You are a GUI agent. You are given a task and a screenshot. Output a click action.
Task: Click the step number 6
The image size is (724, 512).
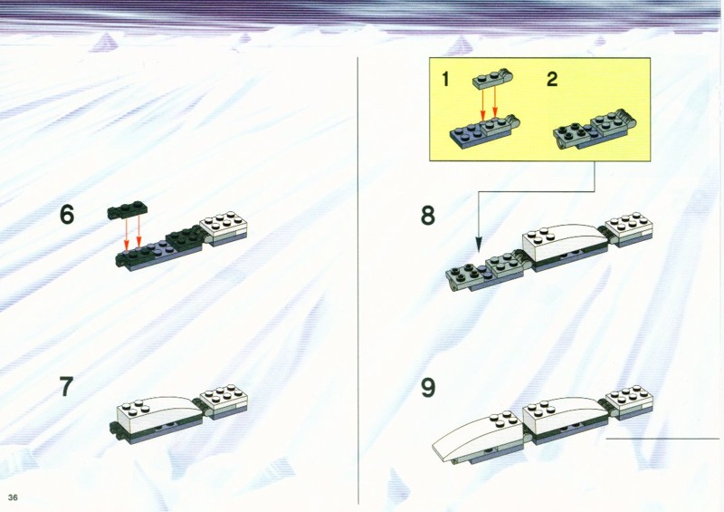(66, 215)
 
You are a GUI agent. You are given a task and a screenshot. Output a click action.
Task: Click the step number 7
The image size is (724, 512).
(66, 387)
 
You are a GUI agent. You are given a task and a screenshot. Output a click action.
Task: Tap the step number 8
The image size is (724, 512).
(427, 216)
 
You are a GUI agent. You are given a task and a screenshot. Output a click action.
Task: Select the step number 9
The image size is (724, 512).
(427, 388)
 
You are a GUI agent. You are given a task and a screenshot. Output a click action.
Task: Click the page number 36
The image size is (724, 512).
(13, 498)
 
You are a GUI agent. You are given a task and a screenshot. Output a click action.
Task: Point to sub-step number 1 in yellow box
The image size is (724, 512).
(445, 79)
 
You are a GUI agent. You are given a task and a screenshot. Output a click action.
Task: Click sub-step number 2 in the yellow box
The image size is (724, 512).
(552, 79)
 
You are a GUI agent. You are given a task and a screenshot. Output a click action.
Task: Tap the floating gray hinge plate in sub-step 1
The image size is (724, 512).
(494, 79)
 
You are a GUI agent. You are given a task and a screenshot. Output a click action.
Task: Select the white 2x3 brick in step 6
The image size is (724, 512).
(224, 227)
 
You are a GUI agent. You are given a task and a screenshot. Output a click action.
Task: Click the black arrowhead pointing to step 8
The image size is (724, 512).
(479, 244)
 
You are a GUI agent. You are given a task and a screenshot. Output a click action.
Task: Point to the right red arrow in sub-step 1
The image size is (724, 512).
(495, 102)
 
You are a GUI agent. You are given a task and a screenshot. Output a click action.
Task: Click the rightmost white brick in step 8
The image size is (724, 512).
(629, 229)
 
